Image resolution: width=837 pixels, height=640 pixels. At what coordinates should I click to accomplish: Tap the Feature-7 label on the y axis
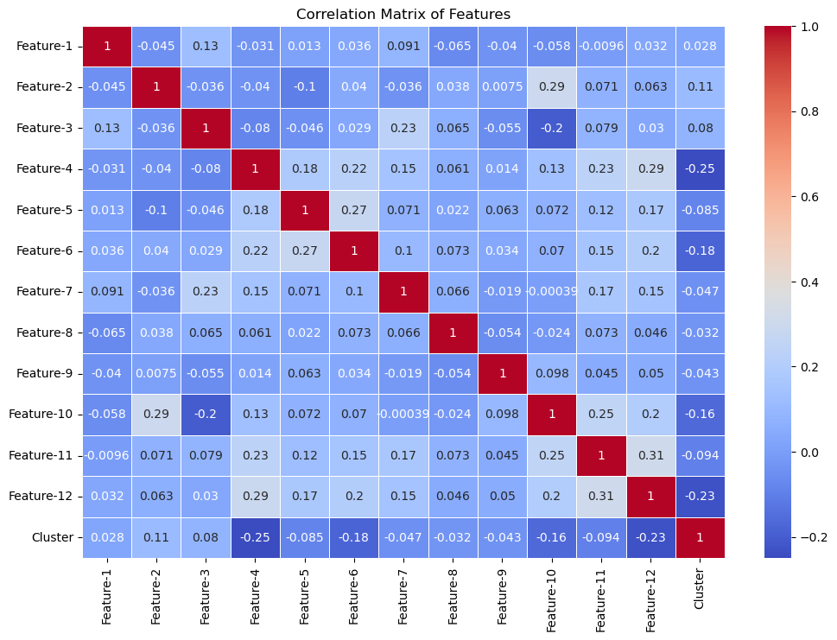(x=43, y=291)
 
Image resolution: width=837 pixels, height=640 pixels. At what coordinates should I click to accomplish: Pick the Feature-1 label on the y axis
(x=43, y=46)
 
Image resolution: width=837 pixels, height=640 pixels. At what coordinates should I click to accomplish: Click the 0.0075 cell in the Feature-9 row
(x=156, y=373)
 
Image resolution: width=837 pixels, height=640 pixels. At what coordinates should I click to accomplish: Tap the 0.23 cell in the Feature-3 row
(x=403, y=128)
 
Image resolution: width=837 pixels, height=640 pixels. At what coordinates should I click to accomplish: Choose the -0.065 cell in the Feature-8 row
(x=107, y=333)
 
